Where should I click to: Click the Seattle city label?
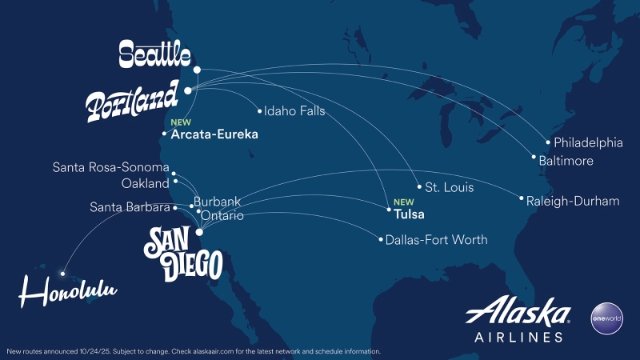tap(154, 55)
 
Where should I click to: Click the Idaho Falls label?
tap(294, 111)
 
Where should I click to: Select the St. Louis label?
tap(449, 188)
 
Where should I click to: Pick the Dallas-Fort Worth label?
tap(436, 239)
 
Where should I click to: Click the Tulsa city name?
tap(410, 214)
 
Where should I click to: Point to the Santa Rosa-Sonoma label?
tap(110, 168)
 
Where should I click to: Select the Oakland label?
tap(145, 183)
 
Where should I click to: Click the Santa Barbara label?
tap(129, 208)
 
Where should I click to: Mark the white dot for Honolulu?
tap(62, 274)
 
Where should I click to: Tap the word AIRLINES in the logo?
tap(518, 337)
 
